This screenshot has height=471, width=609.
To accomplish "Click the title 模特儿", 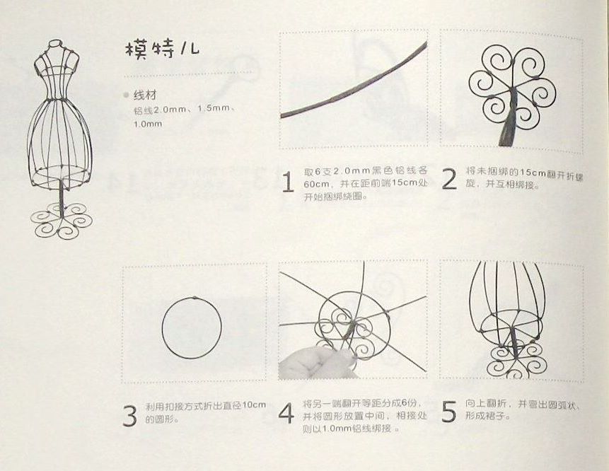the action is click(163, 50).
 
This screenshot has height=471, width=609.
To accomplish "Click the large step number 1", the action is click(287, 182).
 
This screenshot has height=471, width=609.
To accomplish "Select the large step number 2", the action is click(449, 180).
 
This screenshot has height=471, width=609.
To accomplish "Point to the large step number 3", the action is click(129, 416).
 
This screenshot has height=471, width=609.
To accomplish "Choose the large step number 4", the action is click(286, 413).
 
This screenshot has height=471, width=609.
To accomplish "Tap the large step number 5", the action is click(448, 412).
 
